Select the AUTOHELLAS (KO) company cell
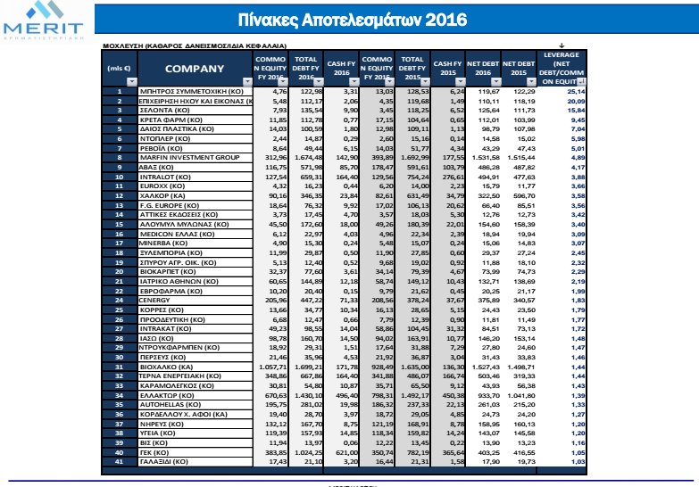tap(170, 403)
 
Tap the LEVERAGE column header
tap(562, 69)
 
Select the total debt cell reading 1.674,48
tap(306, 156)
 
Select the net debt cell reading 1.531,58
tap(481, 156)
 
